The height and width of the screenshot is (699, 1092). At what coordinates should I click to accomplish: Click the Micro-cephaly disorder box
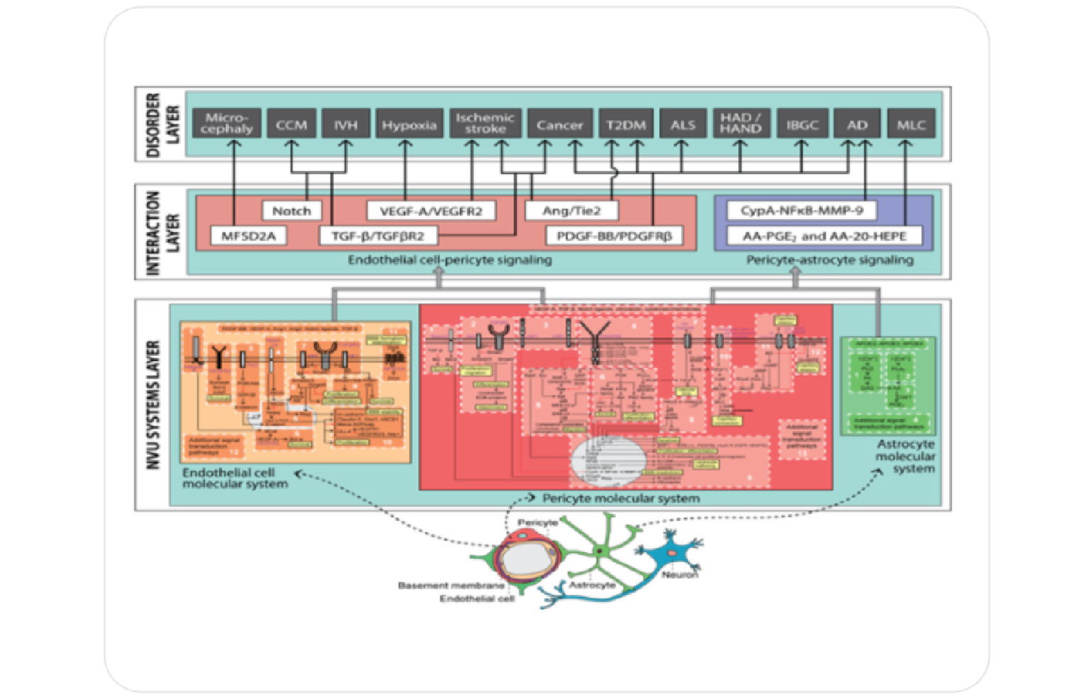[x=227, y=124]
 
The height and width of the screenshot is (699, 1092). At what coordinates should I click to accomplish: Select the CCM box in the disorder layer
[x=291, y=124]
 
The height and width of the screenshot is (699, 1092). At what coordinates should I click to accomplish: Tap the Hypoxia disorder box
[x=409, y=124]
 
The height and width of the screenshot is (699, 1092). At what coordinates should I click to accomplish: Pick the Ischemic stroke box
[x=485, y=124]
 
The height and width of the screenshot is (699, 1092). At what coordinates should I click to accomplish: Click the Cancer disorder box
[x=560, y=124]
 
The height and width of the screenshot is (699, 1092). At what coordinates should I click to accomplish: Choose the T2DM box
[x=626, y=124]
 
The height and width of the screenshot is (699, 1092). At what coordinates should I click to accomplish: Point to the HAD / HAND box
[x=740, y=124]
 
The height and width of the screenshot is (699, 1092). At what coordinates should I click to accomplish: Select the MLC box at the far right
[x=911, y=124]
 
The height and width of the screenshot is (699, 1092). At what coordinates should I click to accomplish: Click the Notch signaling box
[x=291, y=211]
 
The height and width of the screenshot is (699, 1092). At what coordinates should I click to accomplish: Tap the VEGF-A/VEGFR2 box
[x=431, y=211]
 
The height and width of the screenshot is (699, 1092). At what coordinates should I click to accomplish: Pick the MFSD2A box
[x=248, y=236]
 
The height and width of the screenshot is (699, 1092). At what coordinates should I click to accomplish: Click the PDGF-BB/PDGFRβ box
[x=614, y=236]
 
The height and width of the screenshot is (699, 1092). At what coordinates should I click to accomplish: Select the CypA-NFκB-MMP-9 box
[x=801, y=211]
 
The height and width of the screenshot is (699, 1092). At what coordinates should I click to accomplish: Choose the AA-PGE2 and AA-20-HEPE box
[x=825, y=236]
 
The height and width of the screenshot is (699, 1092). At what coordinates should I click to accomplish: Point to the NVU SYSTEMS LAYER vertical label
[x=153, y=405]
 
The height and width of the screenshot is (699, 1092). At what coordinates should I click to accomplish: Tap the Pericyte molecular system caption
[x=621, y=499]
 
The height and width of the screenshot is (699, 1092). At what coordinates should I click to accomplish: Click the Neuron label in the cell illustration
[x=679, y=575]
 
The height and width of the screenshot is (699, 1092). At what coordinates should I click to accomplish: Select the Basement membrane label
[x=451, y=585]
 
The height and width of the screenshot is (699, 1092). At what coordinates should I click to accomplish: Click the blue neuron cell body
[x=671, y=552]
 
